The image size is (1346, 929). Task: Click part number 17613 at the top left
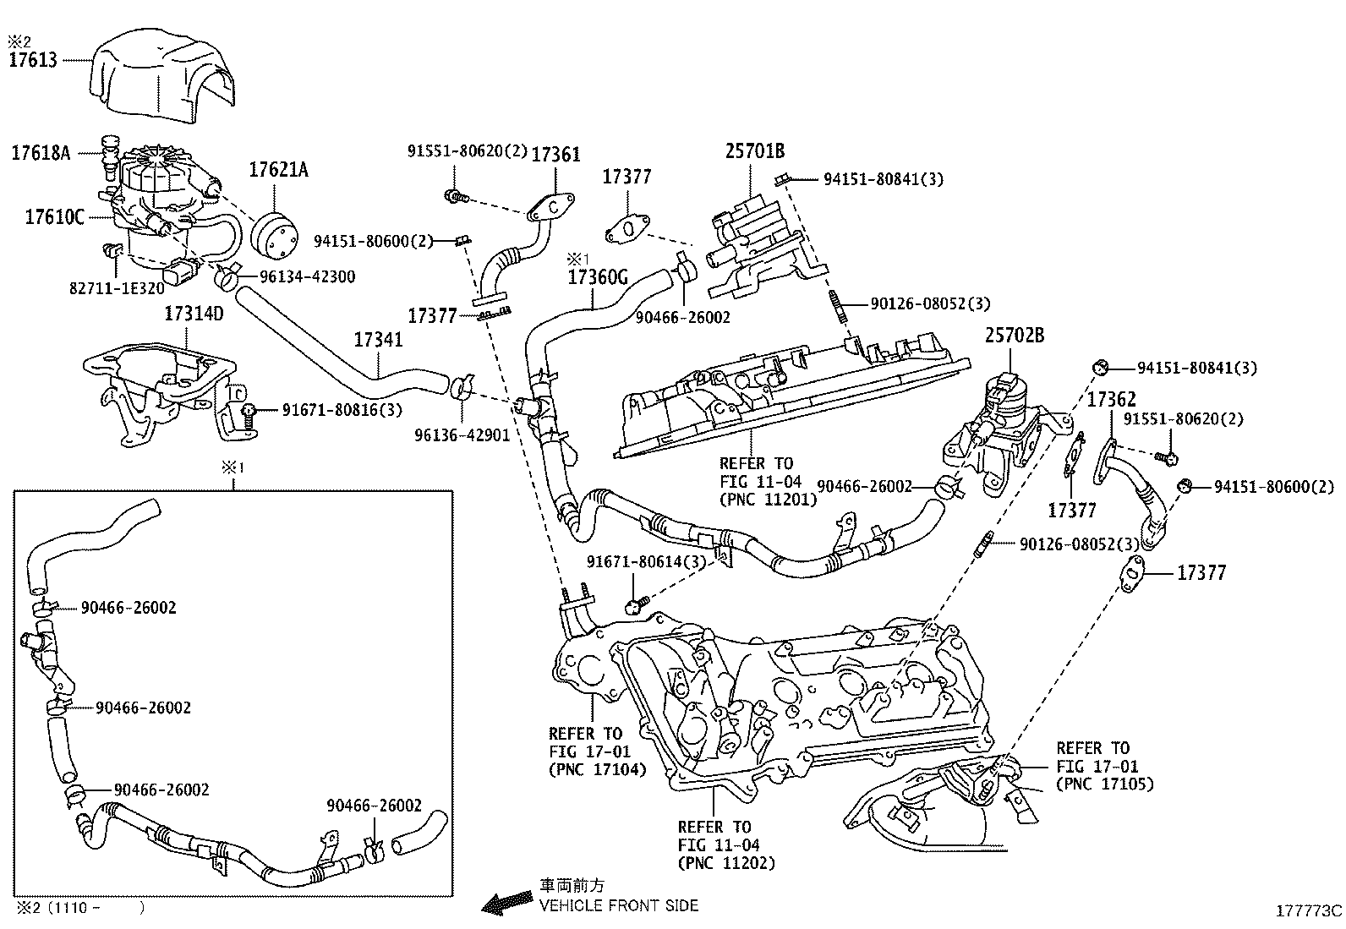(34, 60)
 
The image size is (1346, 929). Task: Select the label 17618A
(41, 154)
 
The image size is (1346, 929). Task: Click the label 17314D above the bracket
(194, 314)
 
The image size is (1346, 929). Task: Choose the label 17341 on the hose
(378, 341)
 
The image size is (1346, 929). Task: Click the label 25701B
(754, 151)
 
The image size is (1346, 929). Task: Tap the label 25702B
(1014, 336)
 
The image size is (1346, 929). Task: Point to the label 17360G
(598, 276)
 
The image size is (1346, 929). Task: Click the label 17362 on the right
(1111, 400)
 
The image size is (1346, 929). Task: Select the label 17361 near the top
(555, 154)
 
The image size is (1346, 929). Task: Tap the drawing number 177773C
(1309, 911)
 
